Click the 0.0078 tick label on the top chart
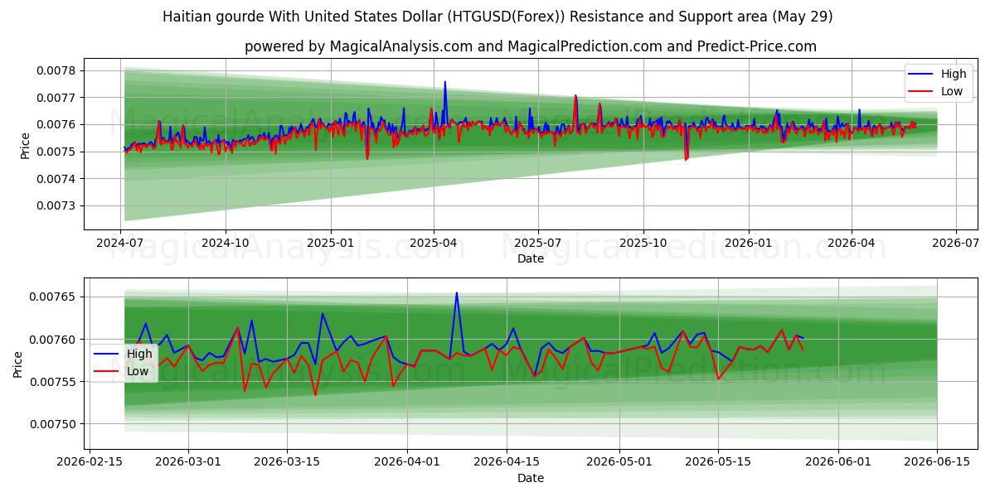56,70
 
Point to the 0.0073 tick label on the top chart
56,206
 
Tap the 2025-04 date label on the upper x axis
433,244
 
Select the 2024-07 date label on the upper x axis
120,244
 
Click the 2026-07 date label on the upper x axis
955,244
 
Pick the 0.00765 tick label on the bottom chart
52,297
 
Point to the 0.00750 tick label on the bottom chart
52,424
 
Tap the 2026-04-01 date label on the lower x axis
407,461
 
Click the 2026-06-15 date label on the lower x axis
937,461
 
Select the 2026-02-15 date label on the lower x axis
90,461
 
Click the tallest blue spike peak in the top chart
445,82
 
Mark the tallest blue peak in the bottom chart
456,293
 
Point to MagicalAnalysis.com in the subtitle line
401,46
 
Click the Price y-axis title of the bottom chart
17,364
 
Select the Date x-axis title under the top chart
531,258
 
